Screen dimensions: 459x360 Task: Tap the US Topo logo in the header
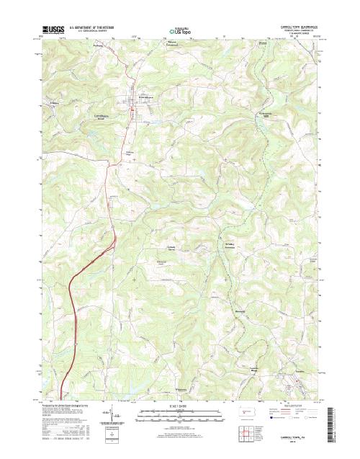tap(180, 32)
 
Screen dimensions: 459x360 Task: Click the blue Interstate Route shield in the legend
tap(272, 417)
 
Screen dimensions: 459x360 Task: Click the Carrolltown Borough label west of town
tap(105, 114)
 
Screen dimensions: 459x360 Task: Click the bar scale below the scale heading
tap(179, 414)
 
